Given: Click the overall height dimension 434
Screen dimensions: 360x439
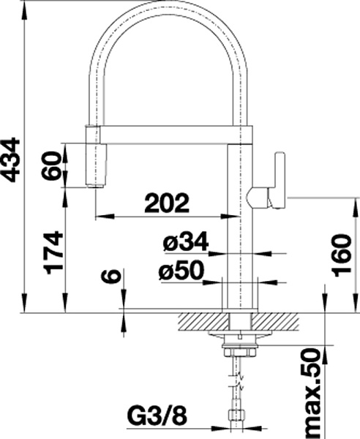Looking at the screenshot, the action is coord(12,160).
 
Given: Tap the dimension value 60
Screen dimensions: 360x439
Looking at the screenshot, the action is coord(51,166).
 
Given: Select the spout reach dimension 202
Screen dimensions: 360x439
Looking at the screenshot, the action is coord(167,203).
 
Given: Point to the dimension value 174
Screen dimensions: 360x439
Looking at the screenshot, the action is coord(53,252).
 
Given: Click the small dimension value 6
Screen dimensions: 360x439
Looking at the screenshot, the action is coord(112,277).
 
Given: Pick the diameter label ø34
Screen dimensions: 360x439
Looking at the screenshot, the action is coord(186,241).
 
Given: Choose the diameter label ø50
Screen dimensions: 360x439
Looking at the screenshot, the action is coord(182,270).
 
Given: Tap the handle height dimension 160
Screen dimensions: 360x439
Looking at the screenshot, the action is coord(341,255).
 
